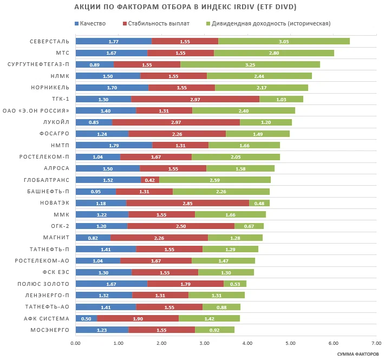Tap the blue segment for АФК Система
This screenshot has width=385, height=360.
click(x=86, y=318)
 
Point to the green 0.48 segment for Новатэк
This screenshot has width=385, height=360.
click(x=259, y=203)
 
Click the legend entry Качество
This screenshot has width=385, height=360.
click(x=93, y=24)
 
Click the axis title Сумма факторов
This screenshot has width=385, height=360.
click(x=357, y=354)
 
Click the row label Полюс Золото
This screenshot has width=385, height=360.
click(x=51, y=284)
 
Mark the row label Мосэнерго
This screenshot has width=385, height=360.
click(x=51, y=330)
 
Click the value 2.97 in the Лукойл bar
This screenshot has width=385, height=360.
click(x=176, y=122)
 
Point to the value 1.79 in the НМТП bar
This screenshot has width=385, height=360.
click(x=114, y=145)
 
